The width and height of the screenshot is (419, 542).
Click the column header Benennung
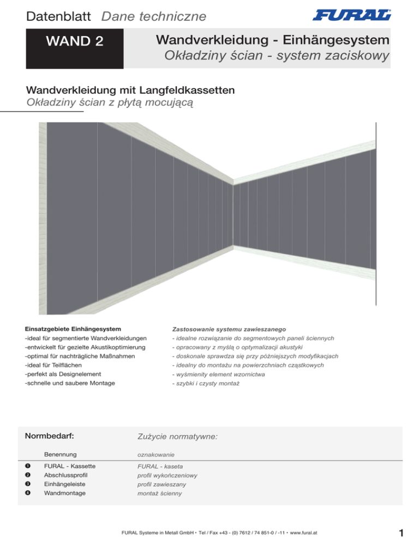click(x=60, y=454)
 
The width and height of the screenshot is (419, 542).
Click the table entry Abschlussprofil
click(x=66, y=475)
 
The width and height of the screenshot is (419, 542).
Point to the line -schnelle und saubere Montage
click(x=78, y=383)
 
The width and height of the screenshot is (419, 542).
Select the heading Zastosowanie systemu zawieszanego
click(x=230, y=329)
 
